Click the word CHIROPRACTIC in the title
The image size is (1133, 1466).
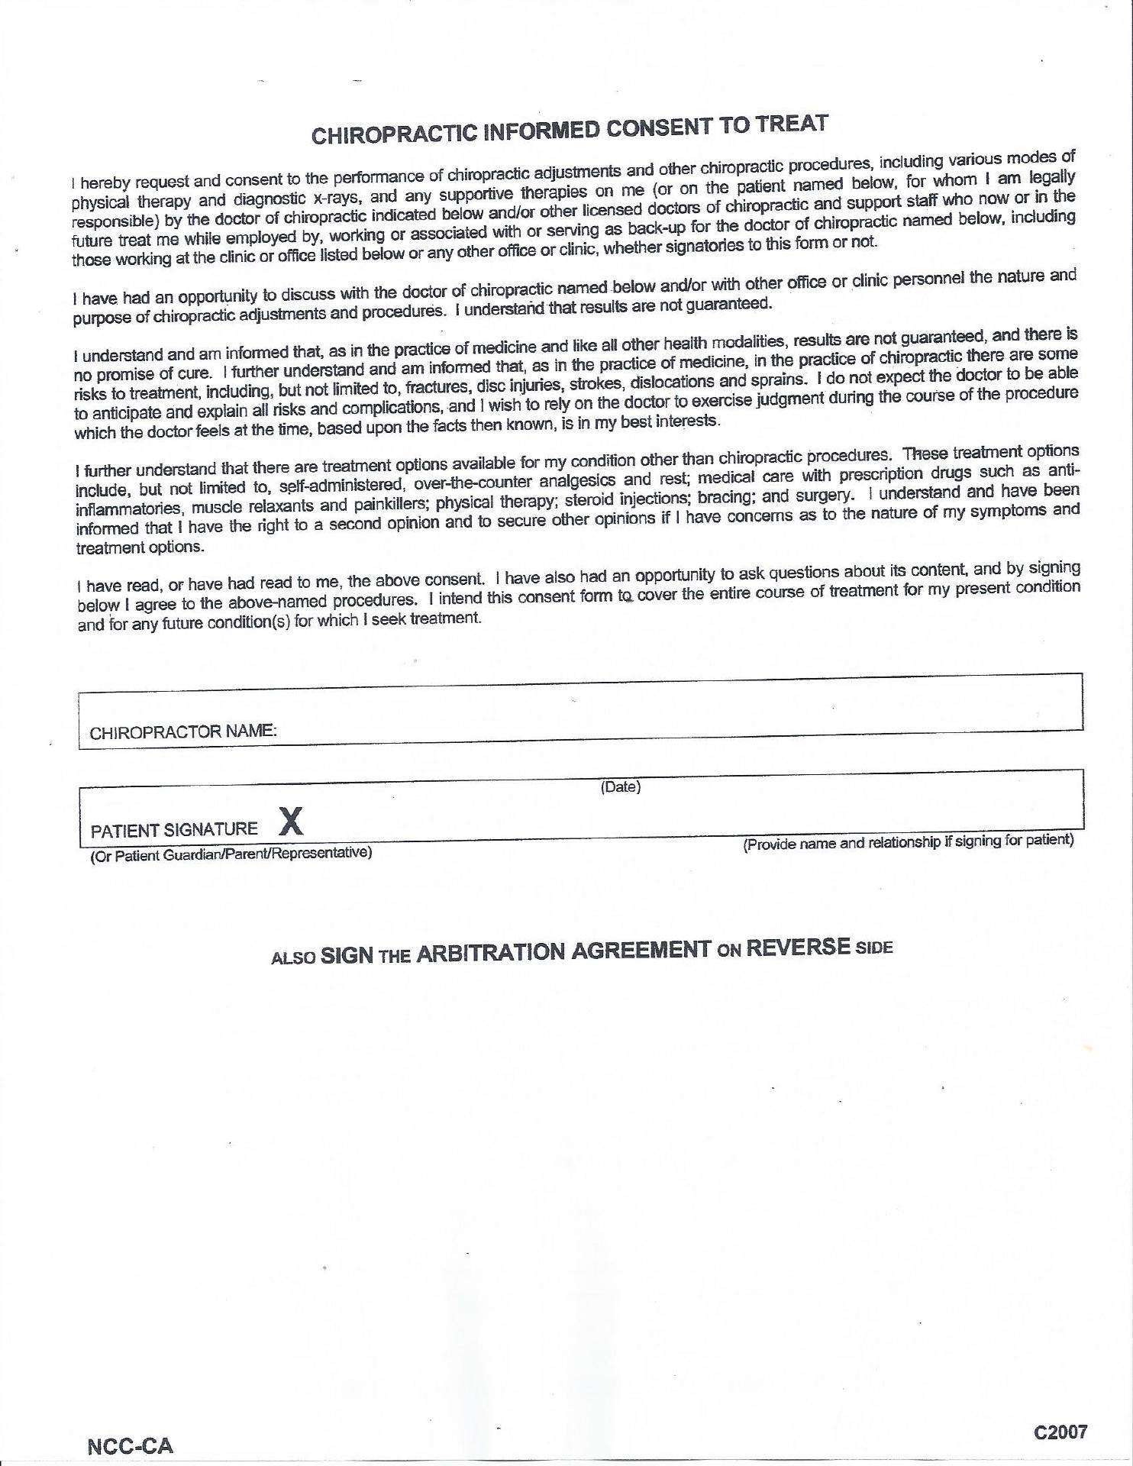click(394, 134)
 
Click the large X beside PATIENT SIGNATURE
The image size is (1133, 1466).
click(290, 821)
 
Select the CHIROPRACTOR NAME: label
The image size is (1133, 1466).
click(182, 731)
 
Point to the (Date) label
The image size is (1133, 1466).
click(620, 786)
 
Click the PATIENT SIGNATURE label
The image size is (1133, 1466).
click(174, 829)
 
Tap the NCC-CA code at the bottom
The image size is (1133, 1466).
click(131, 1446)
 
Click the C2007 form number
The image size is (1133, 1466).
click(1060, 1432)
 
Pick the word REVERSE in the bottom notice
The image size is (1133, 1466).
click(798, 947)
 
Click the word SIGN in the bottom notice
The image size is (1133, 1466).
click(347, 955)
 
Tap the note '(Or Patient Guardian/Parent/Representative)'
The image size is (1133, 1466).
click(231, 854)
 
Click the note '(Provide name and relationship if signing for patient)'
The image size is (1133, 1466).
click(909, 841)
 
